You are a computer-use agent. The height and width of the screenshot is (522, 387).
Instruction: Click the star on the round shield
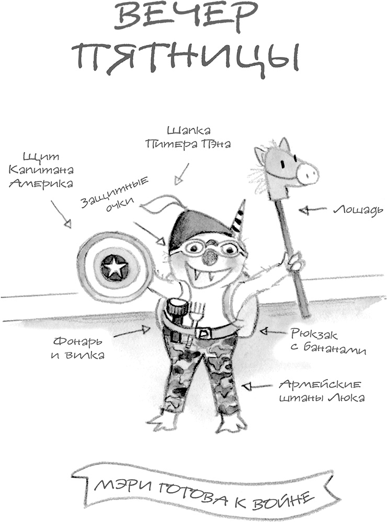114,268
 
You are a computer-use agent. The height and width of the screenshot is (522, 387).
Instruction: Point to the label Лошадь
358,210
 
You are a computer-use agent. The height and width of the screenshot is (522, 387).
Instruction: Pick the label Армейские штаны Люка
321,392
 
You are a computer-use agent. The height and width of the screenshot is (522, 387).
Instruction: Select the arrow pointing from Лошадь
312,210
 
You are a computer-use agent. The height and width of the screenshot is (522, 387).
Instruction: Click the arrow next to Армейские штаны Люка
256,387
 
